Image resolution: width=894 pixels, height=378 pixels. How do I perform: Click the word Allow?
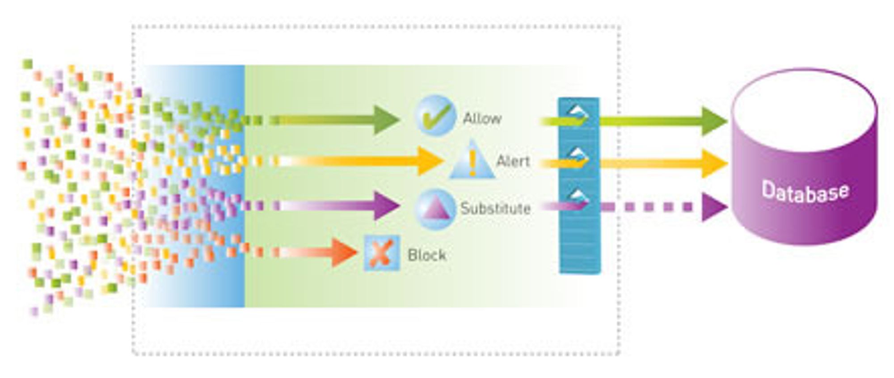click(482, 119)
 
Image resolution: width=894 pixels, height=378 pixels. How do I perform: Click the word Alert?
click(513, 161)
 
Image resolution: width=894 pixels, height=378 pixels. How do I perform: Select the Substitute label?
click(496, 208)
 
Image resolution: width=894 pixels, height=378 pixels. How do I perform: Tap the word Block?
click(427, 255)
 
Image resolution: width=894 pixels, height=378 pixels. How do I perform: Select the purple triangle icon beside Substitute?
click(434, 209)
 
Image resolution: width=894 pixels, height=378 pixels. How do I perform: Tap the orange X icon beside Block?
click(381, 253)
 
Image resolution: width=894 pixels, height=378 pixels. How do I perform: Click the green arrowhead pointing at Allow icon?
click(386, 120)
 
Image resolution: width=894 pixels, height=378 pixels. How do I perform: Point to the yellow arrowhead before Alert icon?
click(430, 161)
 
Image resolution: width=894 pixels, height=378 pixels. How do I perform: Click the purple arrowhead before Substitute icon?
click(386, 206)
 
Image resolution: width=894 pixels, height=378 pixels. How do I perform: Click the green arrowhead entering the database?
click(714, 121)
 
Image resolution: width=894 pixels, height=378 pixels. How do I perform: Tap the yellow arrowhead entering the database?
click(714, 164)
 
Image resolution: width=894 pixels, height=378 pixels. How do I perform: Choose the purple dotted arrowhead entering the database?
click(714, 207)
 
